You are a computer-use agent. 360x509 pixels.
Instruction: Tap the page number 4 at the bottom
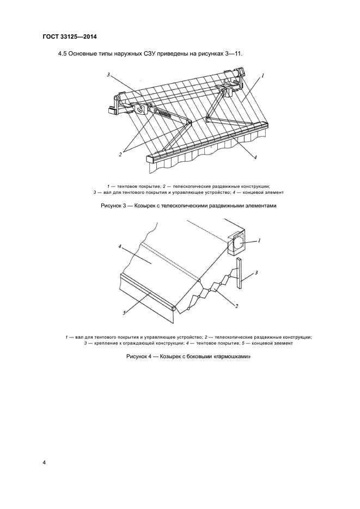pos(45,463)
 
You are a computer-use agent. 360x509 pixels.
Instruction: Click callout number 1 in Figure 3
pos(263,77)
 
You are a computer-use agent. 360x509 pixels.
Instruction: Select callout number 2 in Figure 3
pos(120,155)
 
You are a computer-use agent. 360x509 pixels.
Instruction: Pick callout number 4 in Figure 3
pos(254,157)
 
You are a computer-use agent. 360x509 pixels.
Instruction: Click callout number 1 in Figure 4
pos(259,240)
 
